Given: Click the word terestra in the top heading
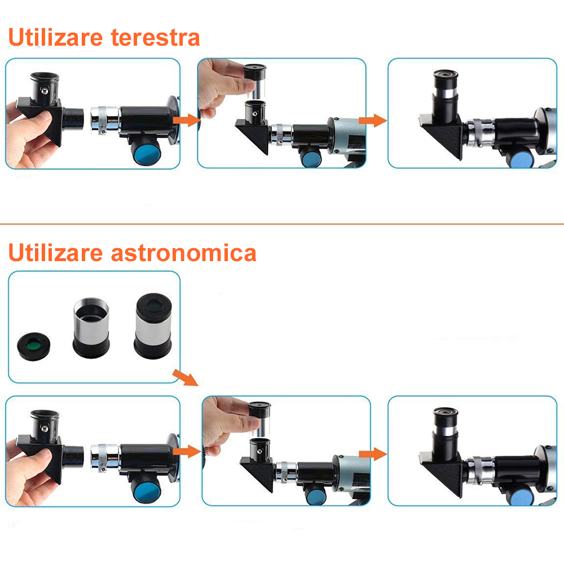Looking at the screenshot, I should [155, 38].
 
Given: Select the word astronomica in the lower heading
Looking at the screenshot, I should [183, 253].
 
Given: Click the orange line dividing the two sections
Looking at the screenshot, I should [282, 224].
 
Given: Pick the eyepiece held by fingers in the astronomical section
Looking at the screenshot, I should [259, 417].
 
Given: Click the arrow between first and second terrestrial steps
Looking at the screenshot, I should [186, 120].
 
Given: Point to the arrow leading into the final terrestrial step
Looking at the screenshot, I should [372, 120].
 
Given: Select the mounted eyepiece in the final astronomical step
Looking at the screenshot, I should [446, 431].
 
